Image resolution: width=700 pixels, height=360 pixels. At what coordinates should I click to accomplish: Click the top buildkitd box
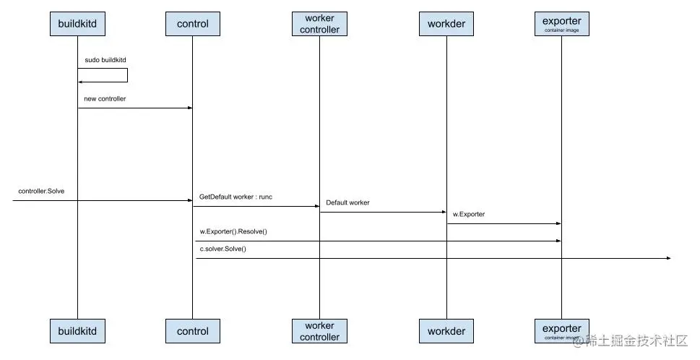[x=77, y=24]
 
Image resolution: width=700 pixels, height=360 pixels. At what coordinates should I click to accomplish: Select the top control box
[x=192, y=24]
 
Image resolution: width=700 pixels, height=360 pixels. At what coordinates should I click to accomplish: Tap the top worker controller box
[x=319, y=24]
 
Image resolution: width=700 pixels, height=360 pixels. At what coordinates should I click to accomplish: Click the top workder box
[x=446, y=24]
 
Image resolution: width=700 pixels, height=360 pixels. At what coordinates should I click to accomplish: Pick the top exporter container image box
[x=561, y=24]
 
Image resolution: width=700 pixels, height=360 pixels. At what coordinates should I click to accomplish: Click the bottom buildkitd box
[x=77, y=331]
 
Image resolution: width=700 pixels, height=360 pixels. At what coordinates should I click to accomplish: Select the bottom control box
[x=192, y=331]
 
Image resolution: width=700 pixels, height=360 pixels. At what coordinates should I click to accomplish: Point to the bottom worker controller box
[x=319, y=331]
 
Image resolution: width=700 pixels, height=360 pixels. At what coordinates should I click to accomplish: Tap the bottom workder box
[x=446, y=331]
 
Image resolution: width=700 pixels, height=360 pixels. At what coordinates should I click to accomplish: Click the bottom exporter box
[x=561, y=330]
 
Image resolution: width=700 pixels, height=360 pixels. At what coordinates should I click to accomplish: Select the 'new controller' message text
[x=105, y=98]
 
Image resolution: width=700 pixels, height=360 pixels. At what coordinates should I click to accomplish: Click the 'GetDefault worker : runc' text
[x=236, y=197]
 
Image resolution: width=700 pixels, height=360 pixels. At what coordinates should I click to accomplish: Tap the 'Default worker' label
[x=347, y=203]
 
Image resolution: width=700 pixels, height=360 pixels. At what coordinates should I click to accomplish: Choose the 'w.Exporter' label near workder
[x=469, y=214]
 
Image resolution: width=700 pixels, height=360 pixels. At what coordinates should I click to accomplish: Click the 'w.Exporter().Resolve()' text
[x=233, y=231]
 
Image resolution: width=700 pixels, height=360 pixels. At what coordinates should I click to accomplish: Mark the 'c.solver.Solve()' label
[x=223, y=249]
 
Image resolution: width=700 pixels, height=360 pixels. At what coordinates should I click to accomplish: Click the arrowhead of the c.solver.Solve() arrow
[x=667, y=258]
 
